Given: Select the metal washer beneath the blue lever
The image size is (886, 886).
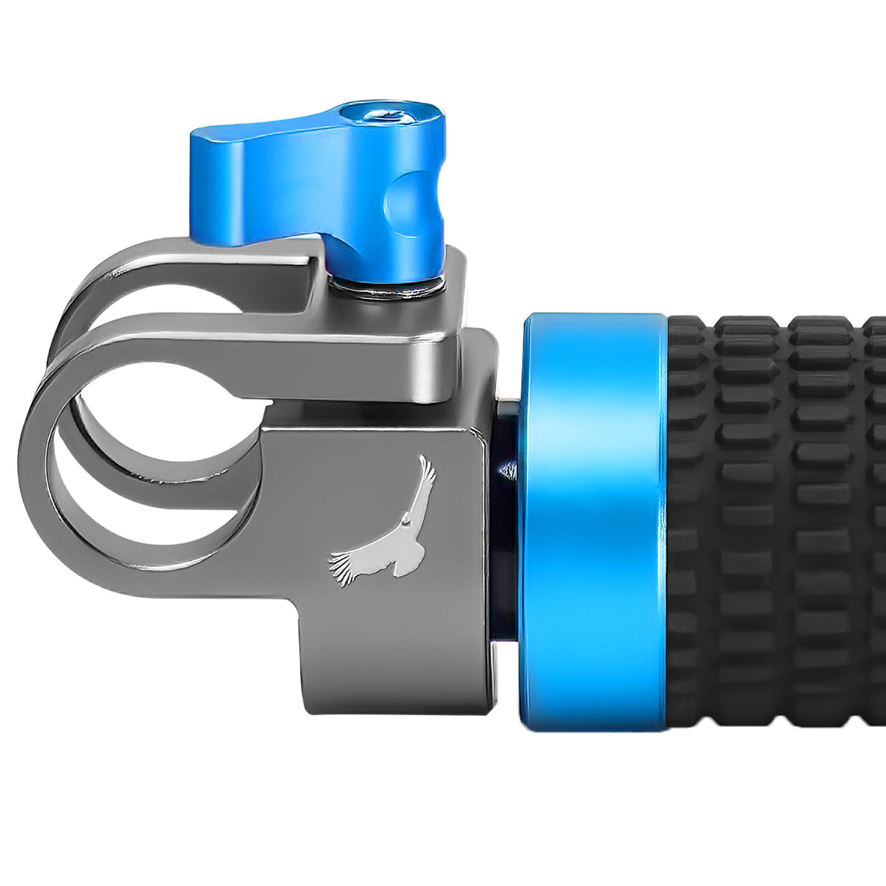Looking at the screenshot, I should tap(387, 289).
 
